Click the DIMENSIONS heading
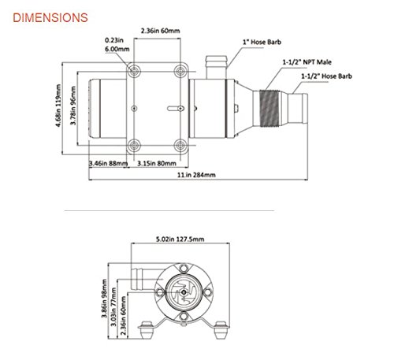[46, 15]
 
